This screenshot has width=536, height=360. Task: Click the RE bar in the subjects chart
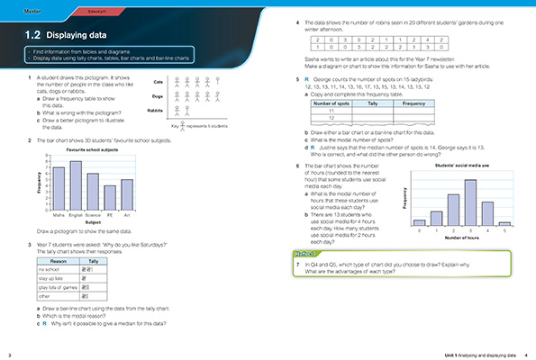point(110,197)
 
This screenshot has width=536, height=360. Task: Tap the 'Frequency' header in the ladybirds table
point(413,105)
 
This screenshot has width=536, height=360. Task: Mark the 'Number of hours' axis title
point(461,238)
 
